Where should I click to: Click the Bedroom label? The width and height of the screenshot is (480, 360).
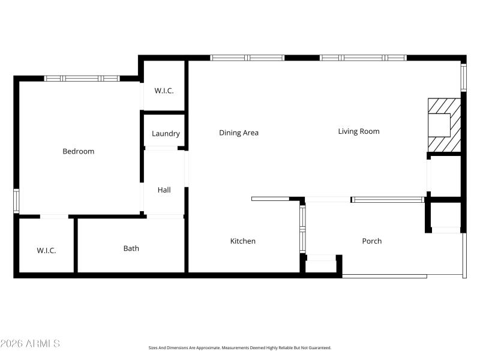(79, 151)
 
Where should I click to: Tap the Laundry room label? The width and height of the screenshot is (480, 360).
(166, 134)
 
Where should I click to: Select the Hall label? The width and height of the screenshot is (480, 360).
(164, 190)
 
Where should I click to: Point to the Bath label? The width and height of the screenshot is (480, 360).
(131, 248)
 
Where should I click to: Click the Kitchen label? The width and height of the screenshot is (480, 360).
(243, 241)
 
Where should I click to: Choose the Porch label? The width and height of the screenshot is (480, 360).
(372, 241)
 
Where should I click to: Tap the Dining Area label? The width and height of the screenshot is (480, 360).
(239, 133)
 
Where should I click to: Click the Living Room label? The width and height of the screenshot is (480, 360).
(359, 131)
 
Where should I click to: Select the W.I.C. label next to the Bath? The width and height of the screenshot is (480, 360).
(46, 250)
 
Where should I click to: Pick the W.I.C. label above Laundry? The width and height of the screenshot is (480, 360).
(164, 91)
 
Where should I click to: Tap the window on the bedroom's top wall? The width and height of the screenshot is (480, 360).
(82, 78)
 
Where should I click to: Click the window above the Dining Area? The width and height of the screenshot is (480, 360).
(247, 58)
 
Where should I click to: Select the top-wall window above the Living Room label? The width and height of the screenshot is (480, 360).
(363, 58)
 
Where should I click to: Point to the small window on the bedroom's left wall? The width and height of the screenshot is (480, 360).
(16, 201)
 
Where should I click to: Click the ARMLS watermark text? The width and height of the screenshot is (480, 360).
(30, 344)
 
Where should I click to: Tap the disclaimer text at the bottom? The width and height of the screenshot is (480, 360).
(240, 347)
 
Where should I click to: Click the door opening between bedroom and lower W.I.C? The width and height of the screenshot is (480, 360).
(54, 216)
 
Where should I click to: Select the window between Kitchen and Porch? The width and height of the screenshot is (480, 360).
(303, 229)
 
